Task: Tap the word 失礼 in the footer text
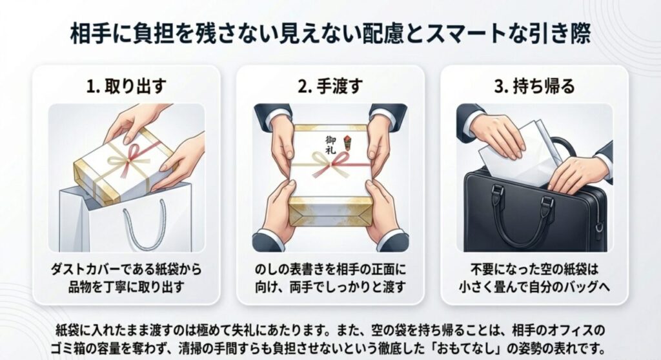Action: pyautogui.click(x=267, y=330)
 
